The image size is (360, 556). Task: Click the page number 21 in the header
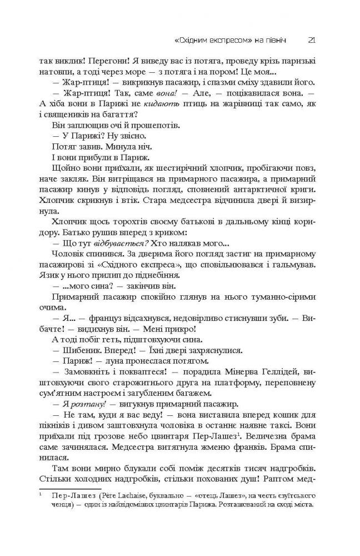pyautogui.click(x=312, y=40)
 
